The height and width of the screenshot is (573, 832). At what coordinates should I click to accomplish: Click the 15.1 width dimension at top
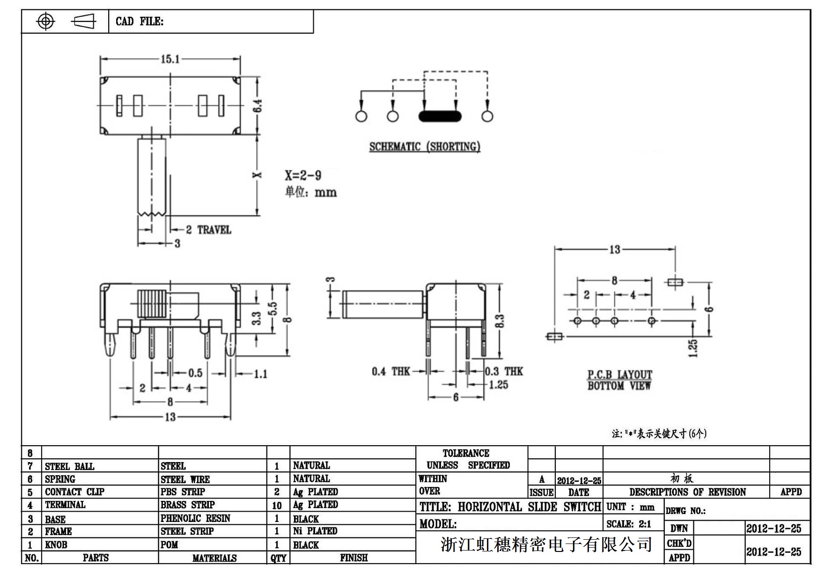pyautogui.click(x=170, y=59)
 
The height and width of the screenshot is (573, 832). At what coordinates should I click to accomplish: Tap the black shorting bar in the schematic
pyautogui.click(x=439, y=116)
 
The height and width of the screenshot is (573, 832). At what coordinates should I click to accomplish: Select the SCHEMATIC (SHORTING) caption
pyautogui.click(x=425, y=147)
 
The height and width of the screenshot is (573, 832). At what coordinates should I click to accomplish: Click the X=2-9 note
pyautogui.click(x=303, y=176)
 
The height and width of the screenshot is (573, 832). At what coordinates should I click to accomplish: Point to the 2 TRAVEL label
pyautogui.click(x=208, y=230)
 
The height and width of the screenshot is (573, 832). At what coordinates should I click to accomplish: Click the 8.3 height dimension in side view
pyautogui.click(x=500, y=321)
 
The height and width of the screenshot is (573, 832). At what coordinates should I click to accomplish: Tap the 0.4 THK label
pyautogui.click(x=390, y=372)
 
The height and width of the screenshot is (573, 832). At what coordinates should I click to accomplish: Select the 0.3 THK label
pyautogui.click(x=504, y=371)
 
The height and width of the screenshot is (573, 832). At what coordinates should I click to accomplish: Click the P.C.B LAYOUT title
pyautogui.click(x=619, y=375)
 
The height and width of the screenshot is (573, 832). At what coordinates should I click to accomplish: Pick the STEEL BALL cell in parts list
pyautogui.click(x=69, y=466)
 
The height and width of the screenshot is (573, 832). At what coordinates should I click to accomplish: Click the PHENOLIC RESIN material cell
pyautogui.click(x=195, y=518)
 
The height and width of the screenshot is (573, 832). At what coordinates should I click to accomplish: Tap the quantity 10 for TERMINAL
pyautogui.click(x=277, y=506)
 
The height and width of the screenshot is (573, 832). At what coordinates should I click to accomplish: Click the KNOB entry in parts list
pyautogui.click(x=56, y=545)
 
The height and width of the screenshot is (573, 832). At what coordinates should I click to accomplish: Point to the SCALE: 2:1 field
pyautogui.click(x=628, y=524)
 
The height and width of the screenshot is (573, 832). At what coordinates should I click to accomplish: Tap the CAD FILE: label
pyautogui.click(x=140, y=22)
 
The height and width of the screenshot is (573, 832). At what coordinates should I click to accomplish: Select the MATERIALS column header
pyautogui.click(x=214, y=558)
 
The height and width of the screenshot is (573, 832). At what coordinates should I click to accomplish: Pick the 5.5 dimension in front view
pyautogui.click(x=272, y=309)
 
